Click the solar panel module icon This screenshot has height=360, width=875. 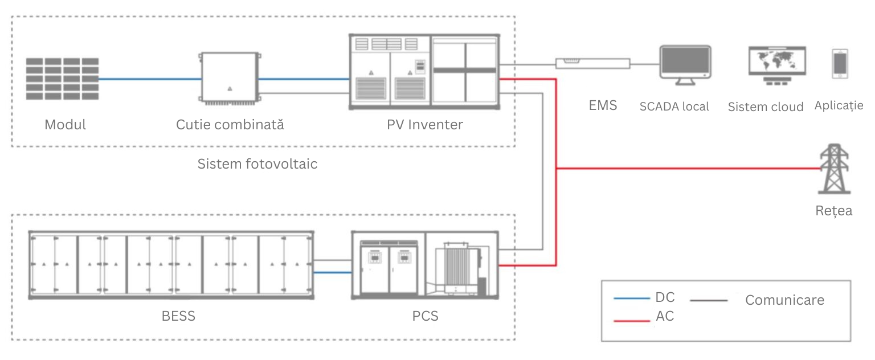62,79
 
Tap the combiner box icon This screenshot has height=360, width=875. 229,79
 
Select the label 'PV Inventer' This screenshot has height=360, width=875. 424,124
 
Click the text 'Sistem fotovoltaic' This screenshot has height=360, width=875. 257,164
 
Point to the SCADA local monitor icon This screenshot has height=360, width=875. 685,64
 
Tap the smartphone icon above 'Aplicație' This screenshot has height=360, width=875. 840,64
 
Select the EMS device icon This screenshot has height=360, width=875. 593,63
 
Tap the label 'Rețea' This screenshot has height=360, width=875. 833,211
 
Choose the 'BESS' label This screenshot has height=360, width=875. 179,316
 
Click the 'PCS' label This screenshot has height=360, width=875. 425,316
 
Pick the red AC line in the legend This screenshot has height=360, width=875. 632,321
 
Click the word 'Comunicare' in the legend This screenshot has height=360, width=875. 784,300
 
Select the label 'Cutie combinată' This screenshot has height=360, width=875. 230,124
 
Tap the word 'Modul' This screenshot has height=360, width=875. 66,124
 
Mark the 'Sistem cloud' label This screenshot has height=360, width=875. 766,107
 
